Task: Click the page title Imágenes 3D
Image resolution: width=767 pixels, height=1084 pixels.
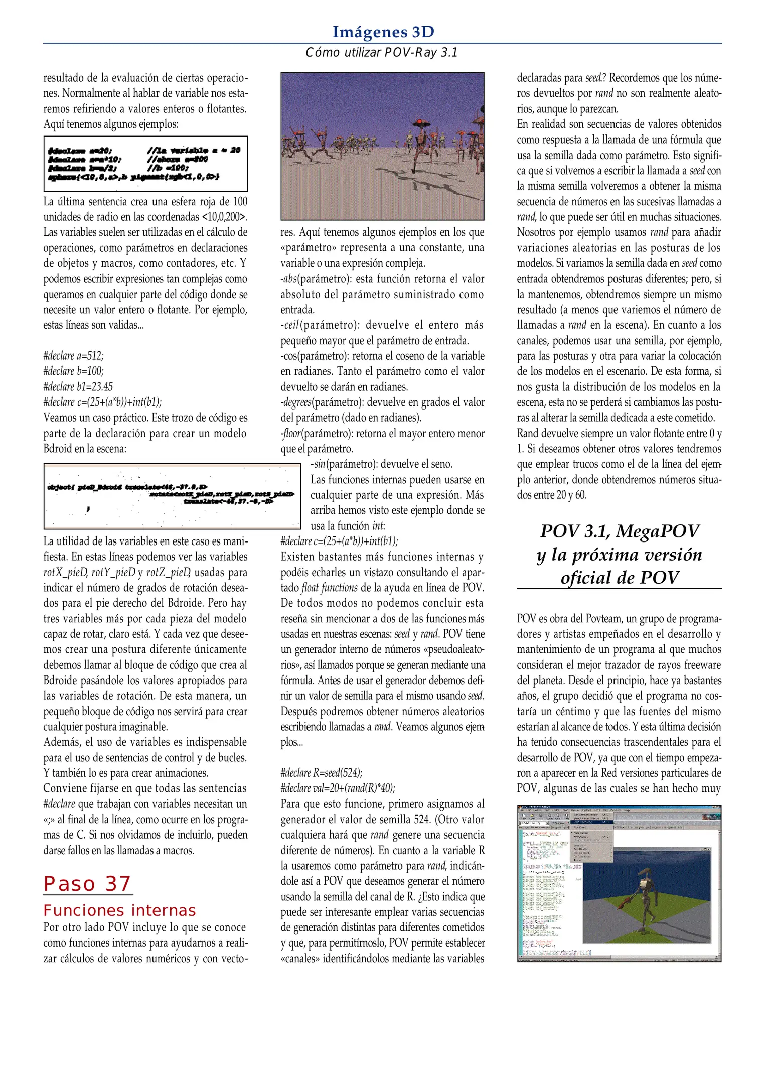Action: pos(383,32)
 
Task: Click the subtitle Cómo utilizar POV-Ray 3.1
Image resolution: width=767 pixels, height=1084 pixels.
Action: pos(382,53)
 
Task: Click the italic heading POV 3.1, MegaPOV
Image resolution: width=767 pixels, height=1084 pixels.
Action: pos(620,531)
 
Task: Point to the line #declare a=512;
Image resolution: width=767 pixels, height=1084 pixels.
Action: pos(73,356)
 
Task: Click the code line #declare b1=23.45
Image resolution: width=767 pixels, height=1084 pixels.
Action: pos(78,387)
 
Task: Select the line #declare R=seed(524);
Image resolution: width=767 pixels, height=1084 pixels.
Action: pos(321,773)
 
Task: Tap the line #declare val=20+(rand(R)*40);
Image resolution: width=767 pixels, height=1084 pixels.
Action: pos(338,788)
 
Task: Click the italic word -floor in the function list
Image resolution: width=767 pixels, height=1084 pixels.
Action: pos(291,434)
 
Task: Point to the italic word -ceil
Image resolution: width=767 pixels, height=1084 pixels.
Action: pos(290,325)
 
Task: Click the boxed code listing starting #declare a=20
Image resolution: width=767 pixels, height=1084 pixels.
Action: pos(145,164)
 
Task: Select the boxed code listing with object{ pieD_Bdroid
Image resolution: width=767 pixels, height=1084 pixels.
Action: pos(172,496)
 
